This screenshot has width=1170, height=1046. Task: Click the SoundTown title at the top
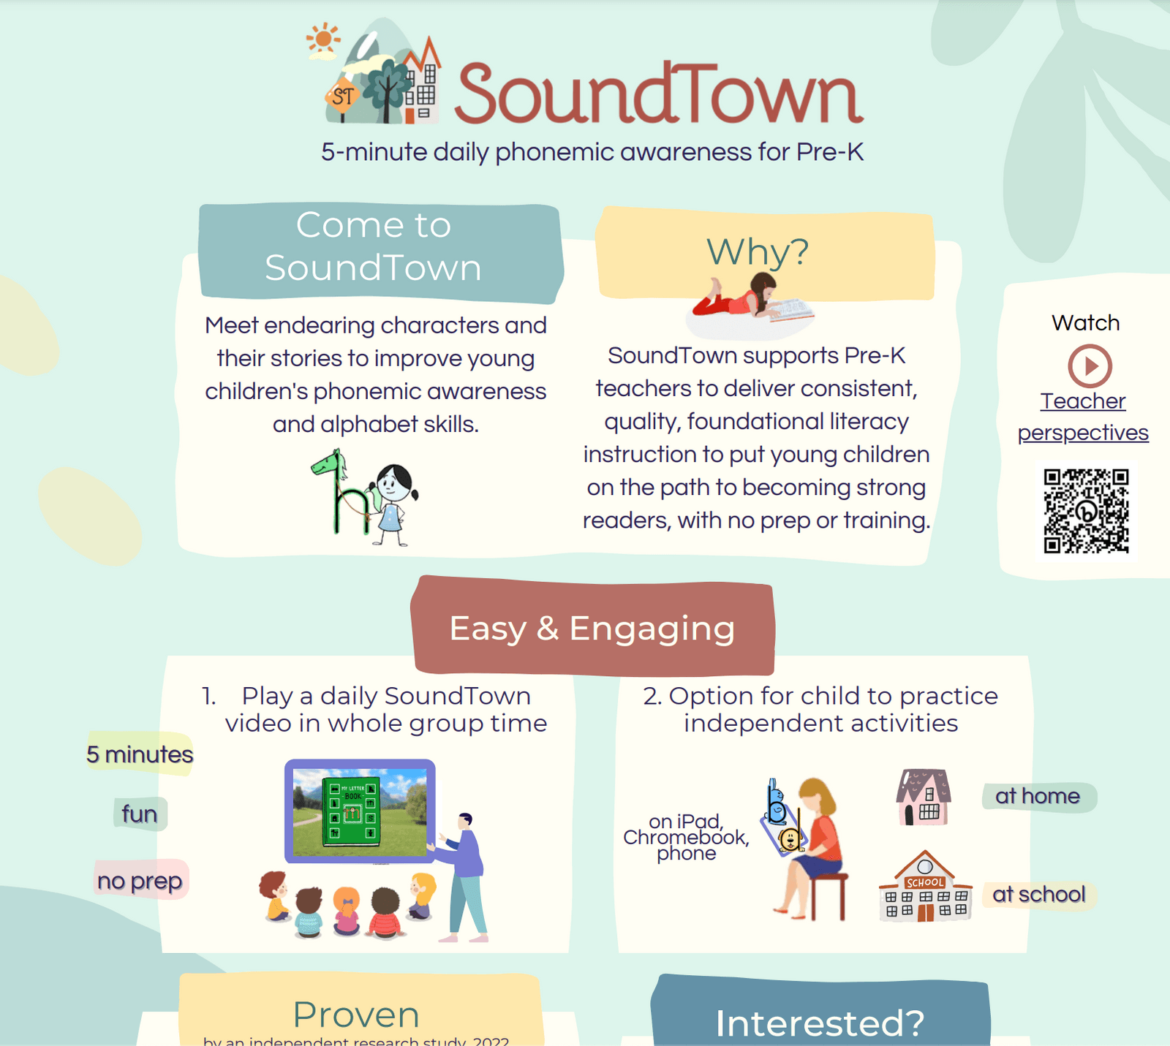point(658,94)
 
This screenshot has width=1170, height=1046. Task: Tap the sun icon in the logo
point(322,40)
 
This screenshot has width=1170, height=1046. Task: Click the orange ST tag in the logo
point(342,96)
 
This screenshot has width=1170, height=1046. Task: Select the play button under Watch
point(1090,365)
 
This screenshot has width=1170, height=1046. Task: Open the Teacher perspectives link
point(1083,417)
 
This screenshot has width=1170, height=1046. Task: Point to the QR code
point(1086,510)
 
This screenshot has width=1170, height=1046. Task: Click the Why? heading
point(758,252)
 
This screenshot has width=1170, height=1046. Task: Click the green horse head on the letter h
point(329,463)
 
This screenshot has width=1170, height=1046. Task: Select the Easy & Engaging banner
point(592,628)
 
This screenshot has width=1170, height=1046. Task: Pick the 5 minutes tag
point(140,754)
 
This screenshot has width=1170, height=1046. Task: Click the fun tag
point(140,814)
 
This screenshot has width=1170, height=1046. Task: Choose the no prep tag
point(140,881)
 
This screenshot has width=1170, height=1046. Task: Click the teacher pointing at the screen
point(464,873)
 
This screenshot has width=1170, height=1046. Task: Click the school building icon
point(925,887)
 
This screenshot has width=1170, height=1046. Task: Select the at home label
point(1038,796)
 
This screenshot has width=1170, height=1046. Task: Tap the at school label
point(1038,894)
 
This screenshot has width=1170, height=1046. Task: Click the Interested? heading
point(820,1022)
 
